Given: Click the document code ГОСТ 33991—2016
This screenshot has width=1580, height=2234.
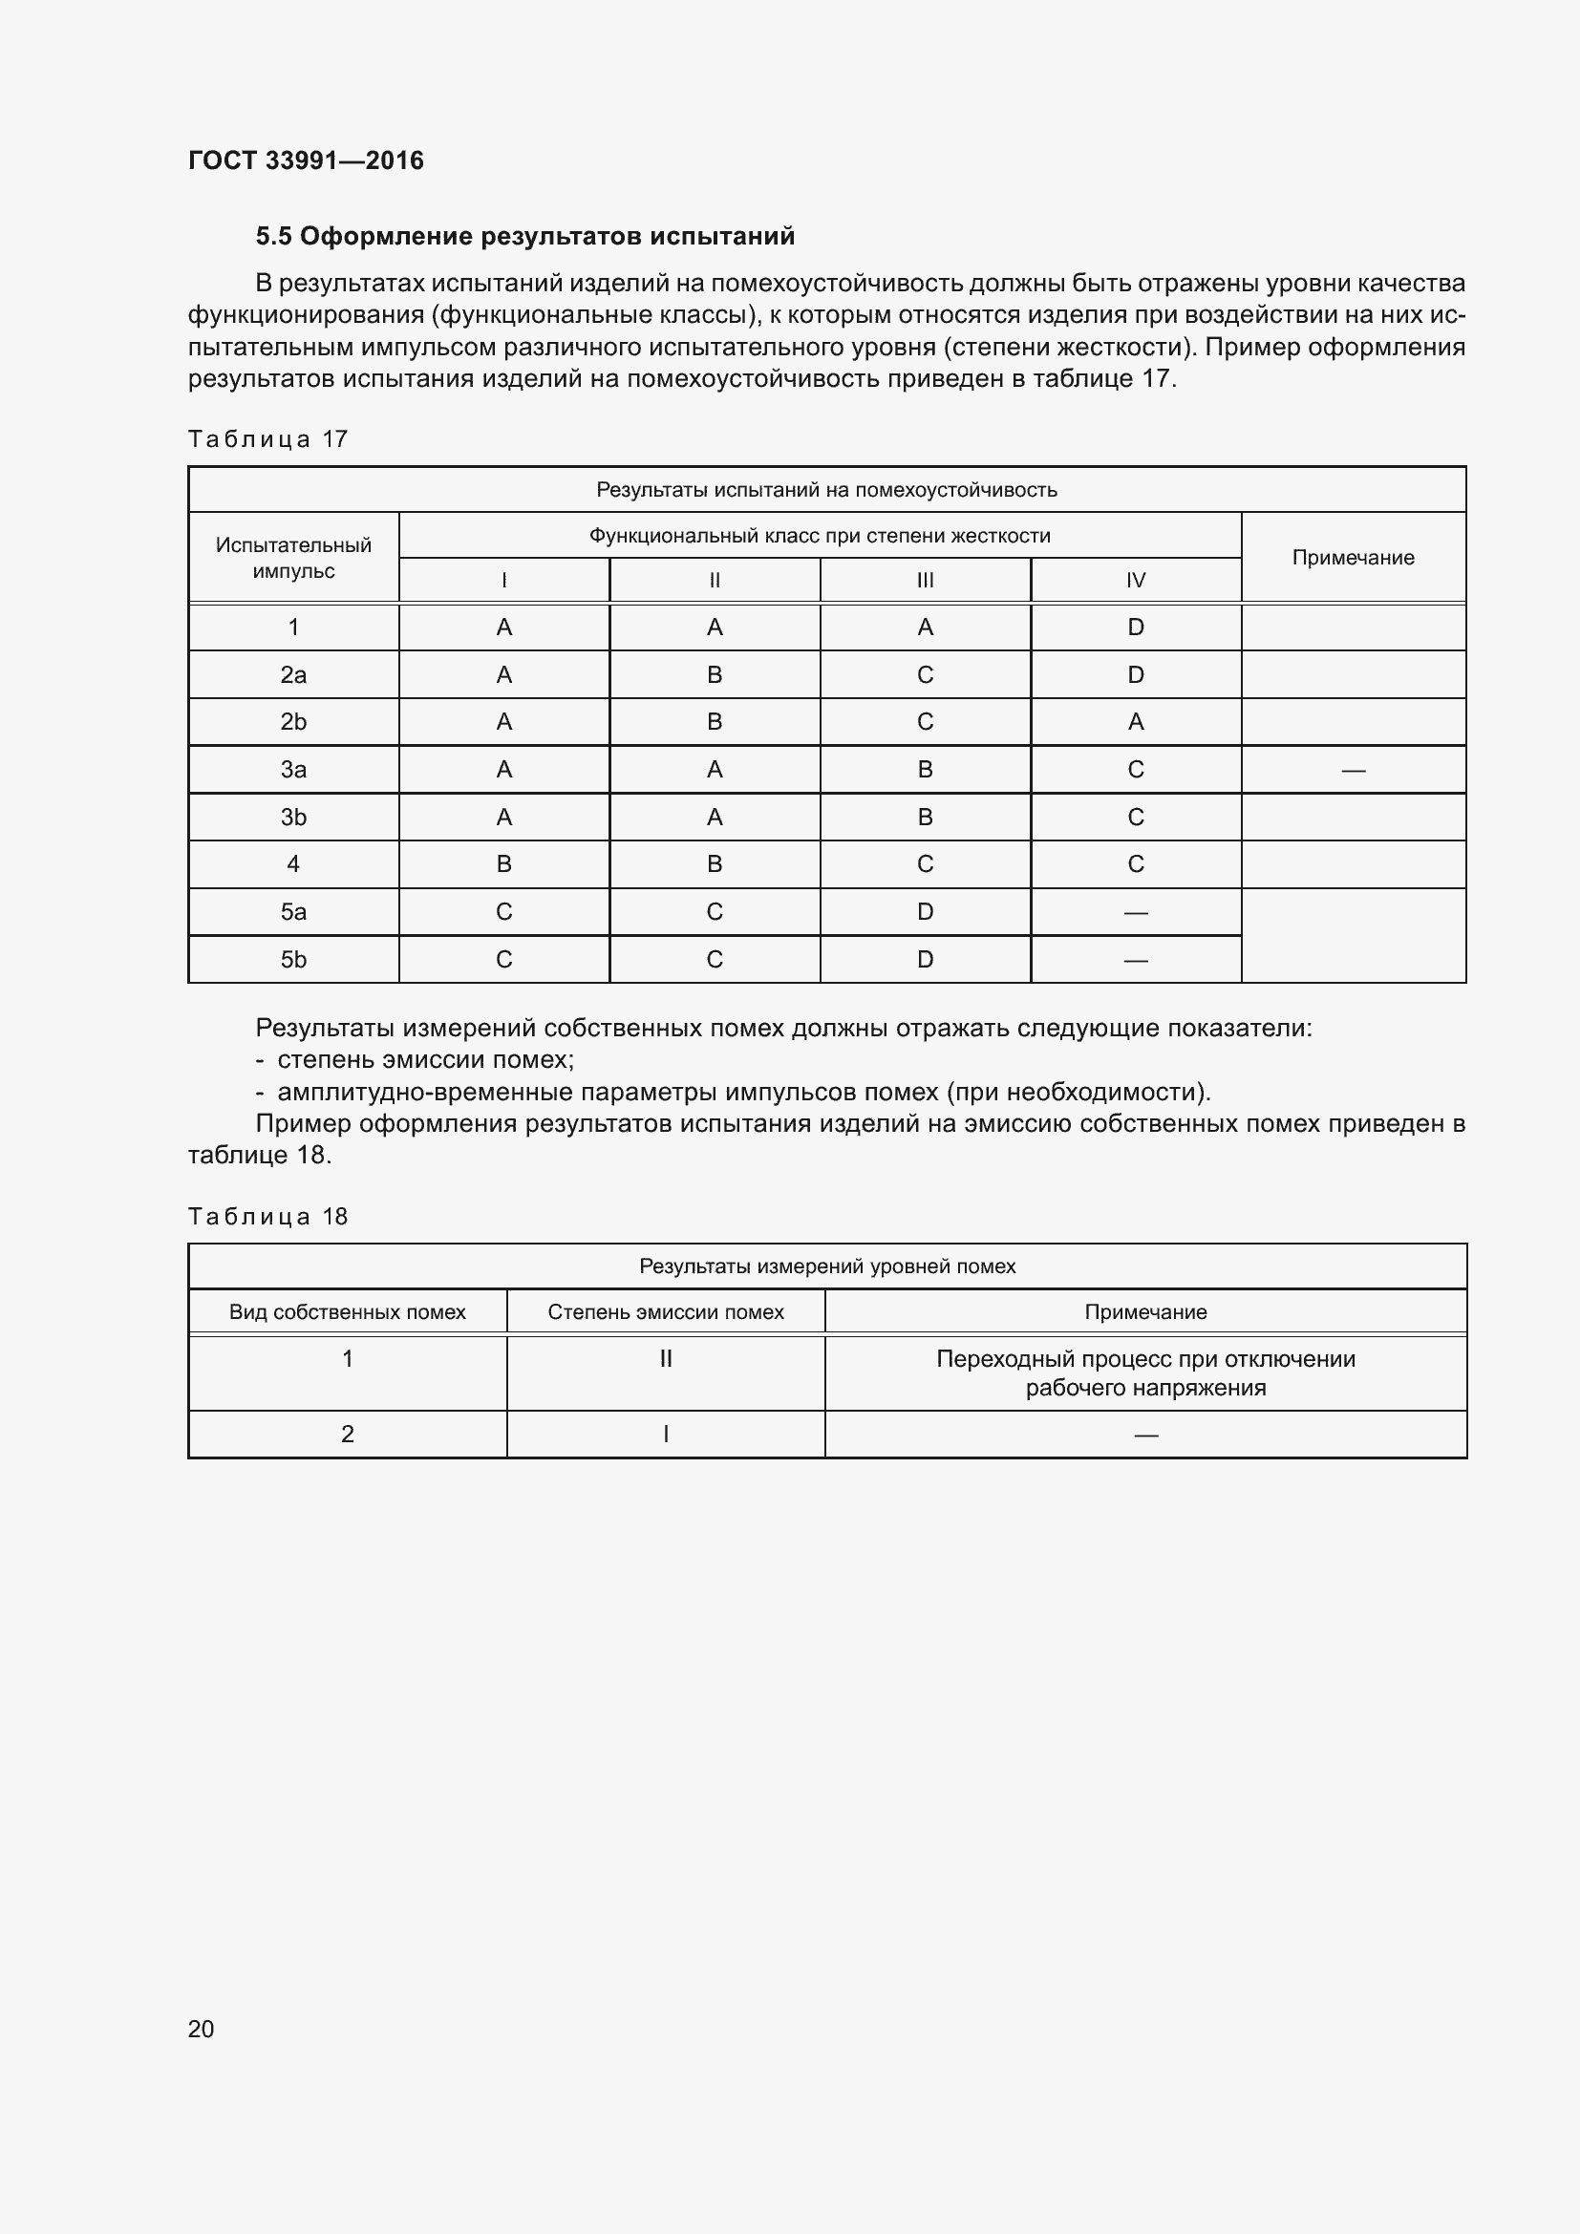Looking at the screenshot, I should (x=306, y=160).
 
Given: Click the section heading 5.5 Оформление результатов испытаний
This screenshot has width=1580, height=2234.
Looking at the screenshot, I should (x=524, y=237).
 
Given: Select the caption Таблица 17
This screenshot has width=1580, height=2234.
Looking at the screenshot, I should (x=267, y=439).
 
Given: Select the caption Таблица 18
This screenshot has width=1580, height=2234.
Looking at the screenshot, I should (x=267, y=1216).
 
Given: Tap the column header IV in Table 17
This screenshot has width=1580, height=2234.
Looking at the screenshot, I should (x=1136, y=581).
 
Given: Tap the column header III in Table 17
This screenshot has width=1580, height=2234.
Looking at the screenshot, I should (x=925, y=581).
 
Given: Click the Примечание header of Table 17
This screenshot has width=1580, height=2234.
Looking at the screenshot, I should (x=1353, y=558).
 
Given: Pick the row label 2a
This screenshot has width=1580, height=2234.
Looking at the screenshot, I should (x=293, y=675).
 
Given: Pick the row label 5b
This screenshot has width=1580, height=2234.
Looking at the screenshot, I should (x=293, y=959).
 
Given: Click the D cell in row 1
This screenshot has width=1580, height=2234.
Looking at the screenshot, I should (x=1136, y=628).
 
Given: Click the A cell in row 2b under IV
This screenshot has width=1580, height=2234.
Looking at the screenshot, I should (x=1136, y=722).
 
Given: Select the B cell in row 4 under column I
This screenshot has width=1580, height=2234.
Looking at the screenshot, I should (x=504, y=864).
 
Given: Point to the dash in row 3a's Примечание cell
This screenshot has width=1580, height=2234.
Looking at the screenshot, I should (x=1353, y=771).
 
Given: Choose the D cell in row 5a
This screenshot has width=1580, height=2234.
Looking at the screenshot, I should (x=925, y=912).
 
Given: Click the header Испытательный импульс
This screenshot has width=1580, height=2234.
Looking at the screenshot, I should (x=293, y=558).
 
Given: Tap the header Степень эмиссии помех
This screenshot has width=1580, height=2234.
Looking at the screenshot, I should (x=666, y=1311).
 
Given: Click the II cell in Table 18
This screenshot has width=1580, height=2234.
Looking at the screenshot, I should (x=666, y=1358).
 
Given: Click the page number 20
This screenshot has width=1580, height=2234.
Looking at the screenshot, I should (x=201, y=2029).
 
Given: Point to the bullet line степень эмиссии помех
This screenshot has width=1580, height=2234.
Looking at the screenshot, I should (x=425, y=1059).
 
